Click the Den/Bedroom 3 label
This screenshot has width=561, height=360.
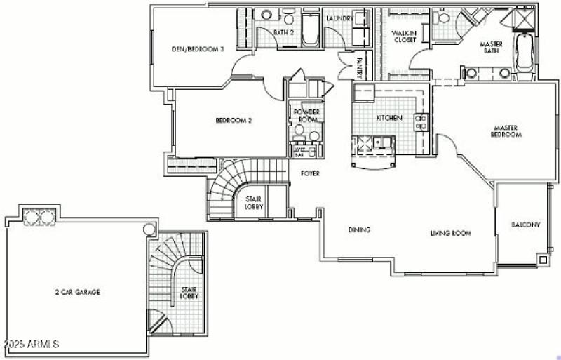198,49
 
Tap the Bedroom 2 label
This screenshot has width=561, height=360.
234,120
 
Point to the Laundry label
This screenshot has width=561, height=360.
338,19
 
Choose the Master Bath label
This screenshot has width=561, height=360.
491,48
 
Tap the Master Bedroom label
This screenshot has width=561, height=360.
506,131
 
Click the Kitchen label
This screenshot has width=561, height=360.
389,118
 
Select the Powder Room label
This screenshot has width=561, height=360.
306,116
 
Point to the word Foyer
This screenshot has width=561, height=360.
311,173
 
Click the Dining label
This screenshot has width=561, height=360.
359,230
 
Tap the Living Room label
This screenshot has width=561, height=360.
450,233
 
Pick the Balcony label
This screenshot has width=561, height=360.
525,225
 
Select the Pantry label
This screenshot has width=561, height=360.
360,68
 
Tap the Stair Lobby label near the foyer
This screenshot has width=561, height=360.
253,203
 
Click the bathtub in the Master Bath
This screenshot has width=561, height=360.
524,52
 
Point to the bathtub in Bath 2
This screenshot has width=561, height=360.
310,34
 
